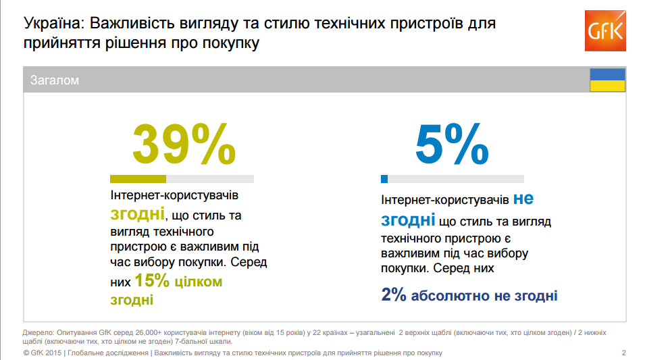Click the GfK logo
point(607,30)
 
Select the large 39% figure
point(183,144)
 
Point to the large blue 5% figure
point(451,144)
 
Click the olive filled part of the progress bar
point(138,179)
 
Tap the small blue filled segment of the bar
point(384,179)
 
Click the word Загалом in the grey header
point(55,80)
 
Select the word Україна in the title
point(51,24)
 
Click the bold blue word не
point(523,199)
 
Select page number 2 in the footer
point(623,353)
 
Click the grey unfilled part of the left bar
point(209,179)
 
